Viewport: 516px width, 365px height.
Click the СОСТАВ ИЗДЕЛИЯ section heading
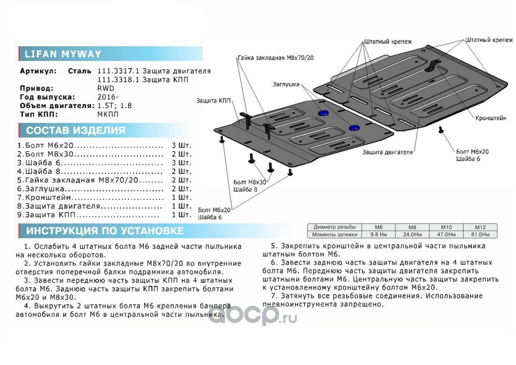(x=75, y=130)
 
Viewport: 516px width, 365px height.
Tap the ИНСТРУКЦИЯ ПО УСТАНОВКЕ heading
(x=105, y=230)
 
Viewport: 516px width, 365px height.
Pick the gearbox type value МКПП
(x=108, y=115)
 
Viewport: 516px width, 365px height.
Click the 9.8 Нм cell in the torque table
(x=378, y=235)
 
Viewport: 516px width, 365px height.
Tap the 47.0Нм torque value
(x=446, y=235)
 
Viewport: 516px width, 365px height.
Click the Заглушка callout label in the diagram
(x=286, y=84)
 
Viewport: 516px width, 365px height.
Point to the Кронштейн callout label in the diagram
(x=490, y=118)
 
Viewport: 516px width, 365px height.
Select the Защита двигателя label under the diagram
(x=387, y=152)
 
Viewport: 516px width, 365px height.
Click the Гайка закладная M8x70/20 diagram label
(x=275, y=58)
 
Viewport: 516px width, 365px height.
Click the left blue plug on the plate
(x=323, y=112)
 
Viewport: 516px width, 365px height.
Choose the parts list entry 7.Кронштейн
(x=45, y=198)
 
